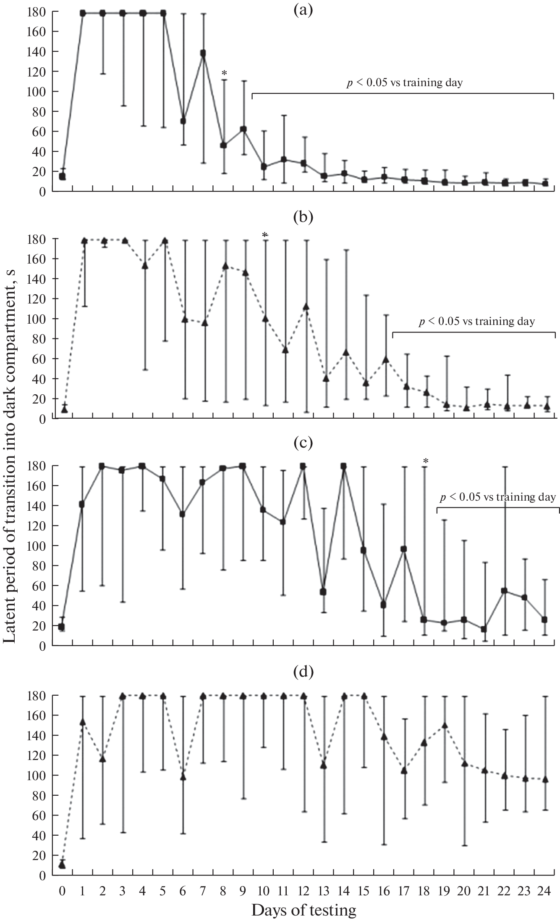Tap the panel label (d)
point(303,671)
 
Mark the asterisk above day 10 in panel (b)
point(264,235)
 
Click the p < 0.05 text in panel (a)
point(404,83)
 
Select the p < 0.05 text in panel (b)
point(477,322)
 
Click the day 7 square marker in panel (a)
point(203,53)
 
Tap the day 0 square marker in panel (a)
point(62,177)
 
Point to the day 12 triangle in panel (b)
point(306,307)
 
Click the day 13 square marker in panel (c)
point(323,592)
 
